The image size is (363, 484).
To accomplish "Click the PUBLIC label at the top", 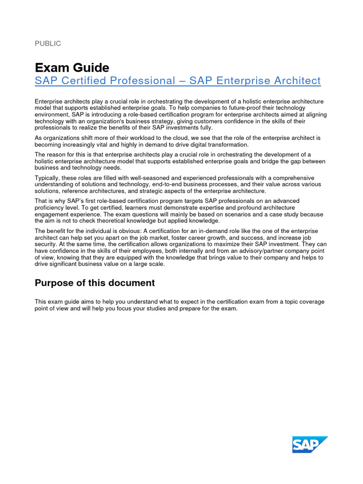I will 48,43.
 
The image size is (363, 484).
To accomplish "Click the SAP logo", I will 310,445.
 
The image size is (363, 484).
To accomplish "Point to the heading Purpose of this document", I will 95,283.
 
